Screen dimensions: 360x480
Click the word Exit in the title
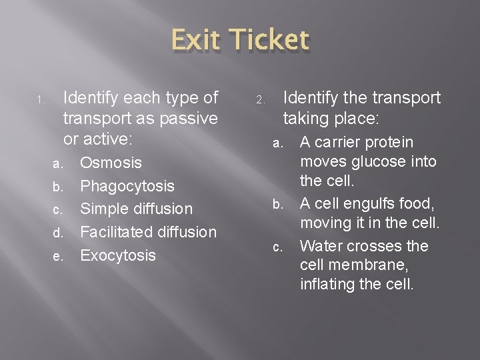[197, 41]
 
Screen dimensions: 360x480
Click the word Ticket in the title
[269, 41]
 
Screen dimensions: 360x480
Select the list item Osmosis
[111, 163]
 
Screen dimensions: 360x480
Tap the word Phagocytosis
[127, 186]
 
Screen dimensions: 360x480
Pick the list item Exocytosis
[118, 255]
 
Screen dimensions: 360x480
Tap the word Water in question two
[321, 246]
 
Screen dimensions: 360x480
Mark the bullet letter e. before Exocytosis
[58, 257]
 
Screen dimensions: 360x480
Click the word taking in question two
[306, 120]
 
